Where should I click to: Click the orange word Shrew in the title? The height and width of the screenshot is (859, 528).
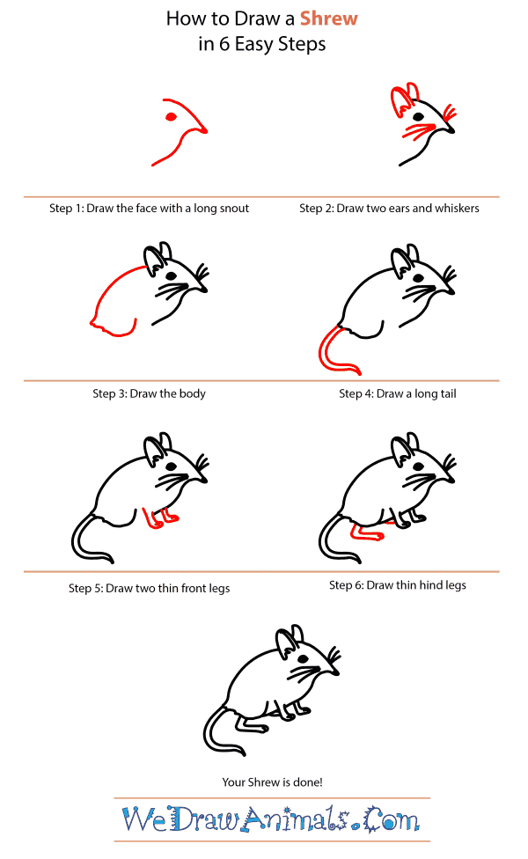pyautogui.click(x=329, y=18)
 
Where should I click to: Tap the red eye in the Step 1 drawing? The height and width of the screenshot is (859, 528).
pyautogui.click(x=171, y=115)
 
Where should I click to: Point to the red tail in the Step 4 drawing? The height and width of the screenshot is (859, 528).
pyautogui.click(x=327, y=350)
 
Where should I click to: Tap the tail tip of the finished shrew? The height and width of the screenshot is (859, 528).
pyautogui.click(x=245, y=750)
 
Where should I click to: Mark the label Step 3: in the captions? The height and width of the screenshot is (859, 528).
pyautogui.click(x=110, y=393)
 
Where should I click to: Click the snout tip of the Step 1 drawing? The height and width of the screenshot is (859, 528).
pyautogui.click(x=208, y=133)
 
